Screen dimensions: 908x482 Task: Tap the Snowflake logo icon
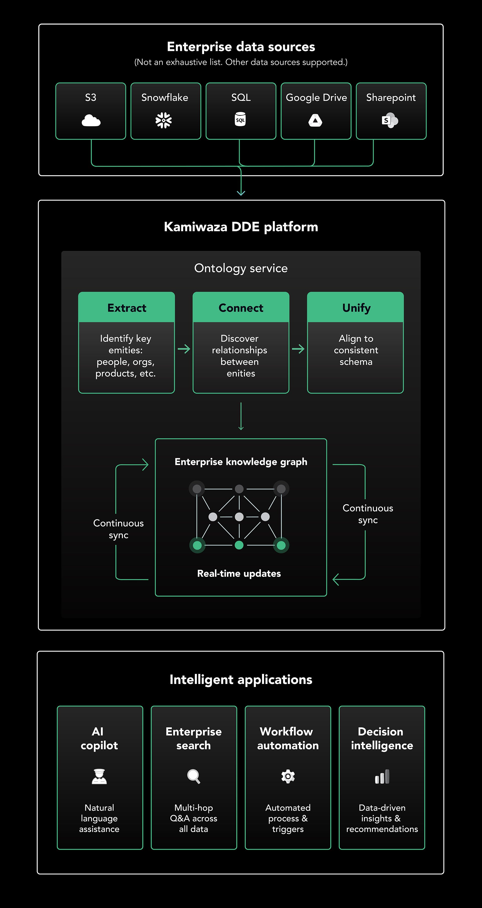coord(164,120)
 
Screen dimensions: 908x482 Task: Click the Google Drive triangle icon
coord(315,120)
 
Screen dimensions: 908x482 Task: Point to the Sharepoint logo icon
coord(390,120)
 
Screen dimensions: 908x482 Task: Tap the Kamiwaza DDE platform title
coord(241,227)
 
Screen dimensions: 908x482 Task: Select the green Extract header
coord(127,308)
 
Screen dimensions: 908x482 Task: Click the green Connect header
coord(241,308)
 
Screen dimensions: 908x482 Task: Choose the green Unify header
coord(356,308)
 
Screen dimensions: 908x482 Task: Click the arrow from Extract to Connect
coord(184,349)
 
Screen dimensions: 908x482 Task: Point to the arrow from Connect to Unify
coord(298,349)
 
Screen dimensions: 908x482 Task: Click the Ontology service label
coord(241,268)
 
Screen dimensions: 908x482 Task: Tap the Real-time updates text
coord(239,574)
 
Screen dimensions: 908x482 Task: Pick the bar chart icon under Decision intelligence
coord(382,777)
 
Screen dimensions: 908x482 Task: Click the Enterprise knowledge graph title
coord(241,462)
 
